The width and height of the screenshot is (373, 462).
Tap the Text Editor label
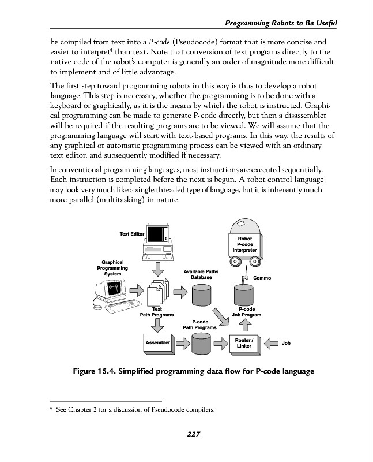pos(131,234)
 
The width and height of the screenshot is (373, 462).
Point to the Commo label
pos(262,278)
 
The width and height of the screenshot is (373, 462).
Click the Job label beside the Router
pos(286,343)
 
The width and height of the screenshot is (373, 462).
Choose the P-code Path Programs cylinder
pos(200,345)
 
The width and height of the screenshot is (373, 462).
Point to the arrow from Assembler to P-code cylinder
pos(182,344)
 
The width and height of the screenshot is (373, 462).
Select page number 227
pos(193,434)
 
